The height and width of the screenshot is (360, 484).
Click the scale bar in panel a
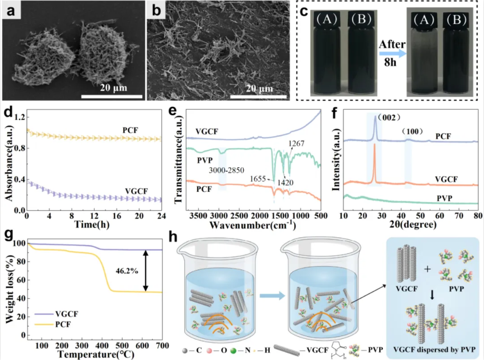(x=112, y=97)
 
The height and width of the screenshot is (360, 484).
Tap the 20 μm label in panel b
(x=259, y=89)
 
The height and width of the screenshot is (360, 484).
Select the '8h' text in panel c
(x=390, y=63)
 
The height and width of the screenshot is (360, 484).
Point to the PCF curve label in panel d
(x=130, y=130)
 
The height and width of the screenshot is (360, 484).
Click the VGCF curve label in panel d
(x=136, y=191)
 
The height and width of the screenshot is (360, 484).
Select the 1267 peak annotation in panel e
(x=296, y=143)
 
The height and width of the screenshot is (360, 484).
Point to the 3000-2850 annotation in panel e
(x=227, y=170)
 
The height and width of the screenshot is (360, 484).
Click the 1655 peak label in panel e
(x=258, y=179)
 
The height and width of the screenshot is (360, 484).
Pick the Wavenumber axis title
(x=252, y=225)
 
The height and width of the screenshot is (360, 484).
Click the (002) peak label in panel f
(x=389, y=117)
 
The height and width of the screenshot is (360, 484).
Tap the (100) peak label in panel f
(x=412, y=131)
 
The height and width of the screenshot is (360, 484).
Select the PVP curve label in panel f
(x=445, y=198)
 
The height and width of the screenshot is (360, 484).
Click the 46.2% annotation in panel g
(x=127, y=271)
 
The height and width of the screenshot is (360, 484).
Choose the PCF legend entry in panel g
(x=63, y=325)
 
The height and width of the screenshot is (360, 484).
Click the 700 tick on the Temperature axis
(x=162, y=346)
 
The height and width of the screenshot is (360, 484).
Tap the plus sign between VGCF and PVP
(x=427, y=269)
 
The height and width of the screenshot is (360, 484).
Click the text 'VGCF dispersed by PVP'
(x=434, y=349)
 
